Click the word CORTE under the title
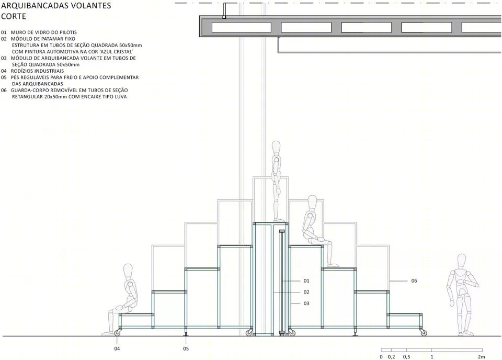[x=14, y=16]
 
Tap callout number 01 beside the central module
[x=306, y=281]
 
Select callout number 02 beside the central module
[x=306, y=292]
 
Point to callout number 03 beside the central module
[x=306, y=303]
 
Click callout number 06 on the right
[x=414, y=281]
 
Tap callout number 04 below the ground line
[x=117, y=348]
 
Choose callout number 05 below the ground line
[x=186, y=348]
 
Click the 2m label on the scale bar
[x=481, y=357]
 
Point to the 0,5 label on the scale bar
[x=407, y=357]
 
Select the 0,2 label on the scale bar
[x=391, y=357]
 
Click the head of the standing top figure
[x=277, y=148]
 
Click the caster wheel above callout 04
[x=118, y=333]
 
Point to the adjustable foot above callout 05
[x=186, y=332]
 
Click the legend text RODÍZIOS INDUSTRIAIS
[x=38, y=71]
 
